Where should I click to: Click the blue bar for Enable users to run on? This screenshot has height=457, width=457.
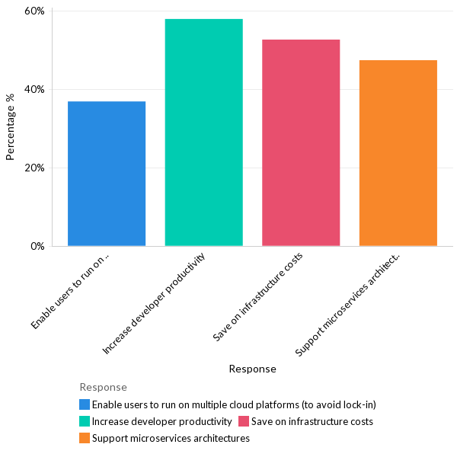(107, 174)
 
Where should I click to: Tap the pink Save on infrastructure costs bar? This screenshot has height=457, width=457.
(301, 142)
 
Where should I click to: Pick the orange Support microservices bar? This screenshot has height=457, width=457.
(398, 153)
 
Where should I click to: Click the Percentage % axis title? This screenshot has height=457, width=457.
(11, 126)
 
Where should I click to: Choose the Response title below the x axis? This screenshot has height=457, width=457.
(252, 369)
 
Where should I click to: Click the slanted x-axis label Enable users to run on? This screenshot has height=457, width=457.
(72, 292)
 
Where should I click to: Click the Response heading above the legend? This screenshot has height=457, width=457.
(103, 387)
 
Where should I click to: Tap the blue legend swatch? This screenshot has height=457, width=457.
(85, 404)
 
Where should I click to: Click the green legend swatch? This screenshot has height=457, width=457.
(85, 421)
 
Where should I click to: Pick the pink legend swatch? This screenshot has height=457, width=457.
(244, 421)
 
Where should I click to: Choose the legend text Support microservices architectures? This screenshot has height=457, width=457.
(171, 438)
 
